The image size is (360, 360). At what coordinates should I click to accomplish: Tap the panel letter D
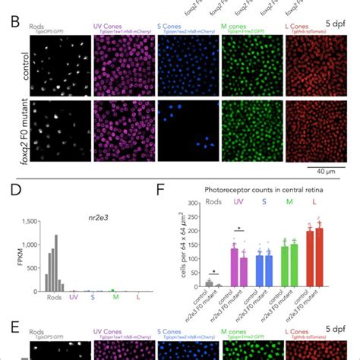(x=9, y=200)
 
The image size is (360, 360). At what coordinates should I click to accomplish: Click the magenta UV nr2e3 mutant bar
(x=243, y=270)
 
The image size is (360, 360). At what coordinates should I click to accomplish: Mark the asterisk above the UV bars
(x=238, y=227)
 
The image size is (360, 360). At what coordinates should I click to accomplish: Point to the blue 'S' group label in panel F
(x=261, y=202)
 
